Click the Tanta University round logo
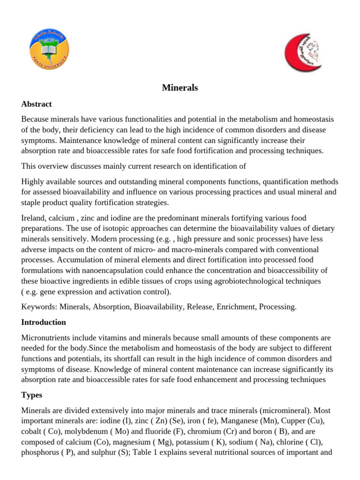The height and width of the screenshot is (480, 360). [48, 48]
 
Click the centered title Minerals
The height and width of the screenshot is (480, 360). [180, 88]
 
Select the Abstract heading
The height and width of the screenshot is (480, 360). [37, 104]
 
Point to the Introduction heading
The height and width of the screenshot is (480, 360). [44, 322]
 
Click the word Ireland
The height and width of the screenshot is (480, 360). [34, 219]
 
